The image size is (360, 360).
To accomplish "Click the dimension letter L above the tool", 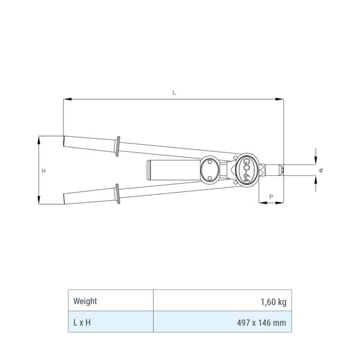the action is point(174,93).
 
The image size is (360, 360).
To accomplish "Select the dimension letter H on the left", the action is point(44,171).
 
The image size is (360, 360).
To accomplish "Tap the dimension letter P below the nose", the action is point(271,197).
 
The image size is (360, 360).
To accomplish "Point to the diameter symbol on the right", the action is point(321,170).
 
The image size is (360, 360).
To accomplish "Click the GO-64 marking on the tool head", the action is point(246,170).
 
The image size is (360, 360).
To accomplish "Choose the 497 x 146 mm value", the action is point(262,323).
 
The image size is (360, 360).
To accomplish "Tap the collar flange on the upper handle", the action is point(118,146).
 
